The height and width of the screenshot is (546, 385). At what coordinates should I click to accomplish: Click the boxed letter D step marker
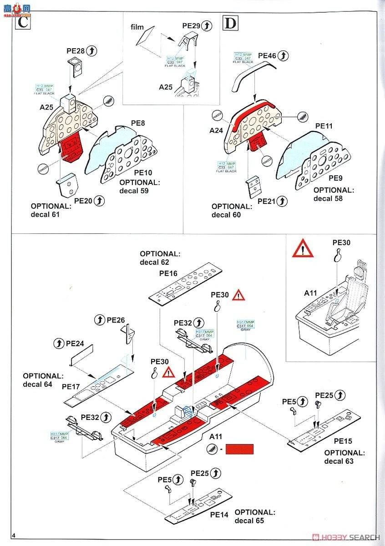[230, 22]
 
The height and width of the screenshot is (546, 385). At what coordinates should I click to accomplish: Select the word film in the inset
[137, 27]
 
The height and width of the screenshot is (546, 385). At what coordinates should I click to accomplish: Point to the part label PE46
[267, 56]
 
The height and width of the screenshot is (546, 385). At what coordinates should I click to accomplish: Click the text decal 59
[134, 191]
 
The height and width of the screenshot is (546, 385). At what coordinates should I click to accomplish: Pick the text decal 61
[45, 214]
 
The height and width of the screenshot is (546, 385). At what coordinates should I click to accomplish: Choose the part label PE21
[266, 201]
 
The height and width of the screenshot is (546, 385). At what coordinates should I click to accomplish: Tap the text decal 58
[328, 198]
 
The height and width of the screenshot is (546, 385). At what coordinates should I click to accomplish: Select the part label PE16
[168, 273]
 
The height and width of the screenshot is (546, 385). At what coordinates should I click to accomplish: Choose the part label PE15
[343, 441]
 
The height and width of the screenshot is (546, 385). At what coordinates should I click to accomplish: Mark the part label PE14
[219, 515]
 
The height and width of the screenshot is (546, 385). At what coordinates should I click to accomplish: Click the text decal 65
[249, 521]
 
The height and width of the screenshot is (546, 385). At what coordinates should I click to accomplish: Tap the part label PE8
[138, 123]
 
